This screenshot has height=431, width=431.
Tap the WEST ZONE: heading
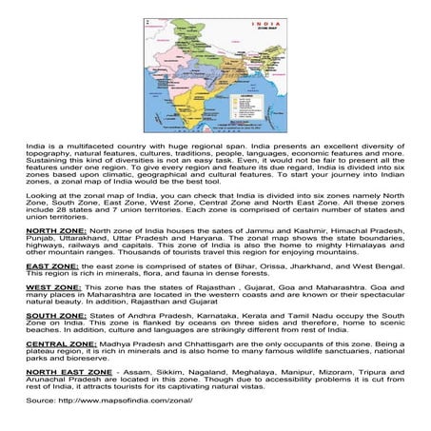[53, 286]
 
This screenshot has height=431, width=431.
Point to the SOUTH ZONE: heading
[55, 315]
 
